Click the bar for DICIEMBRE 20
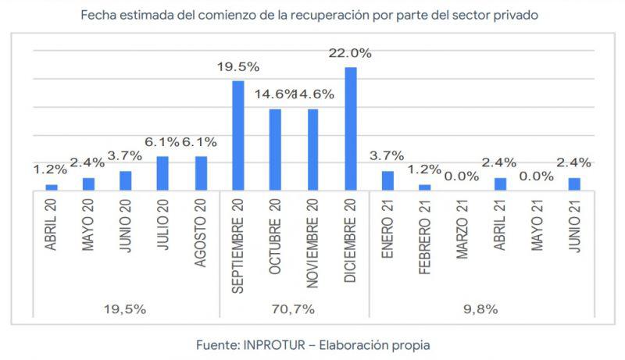(351, 129)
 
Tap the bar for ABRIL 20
(52, 187)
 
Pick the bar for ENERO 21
(387, 180)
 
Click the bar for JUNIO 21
(574, 184)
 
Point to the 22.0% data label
(350, 53)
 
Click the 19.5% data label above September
(238, 67)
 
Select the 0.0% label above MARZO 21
(462, 176)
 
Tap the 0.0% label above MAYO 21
(537, 176)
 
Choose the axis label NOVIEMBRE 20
(312, 243)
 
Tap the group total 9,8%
(480, 308)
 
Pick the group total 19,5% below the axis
(126, 308)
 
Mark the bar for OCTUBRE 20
(276, 150)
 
